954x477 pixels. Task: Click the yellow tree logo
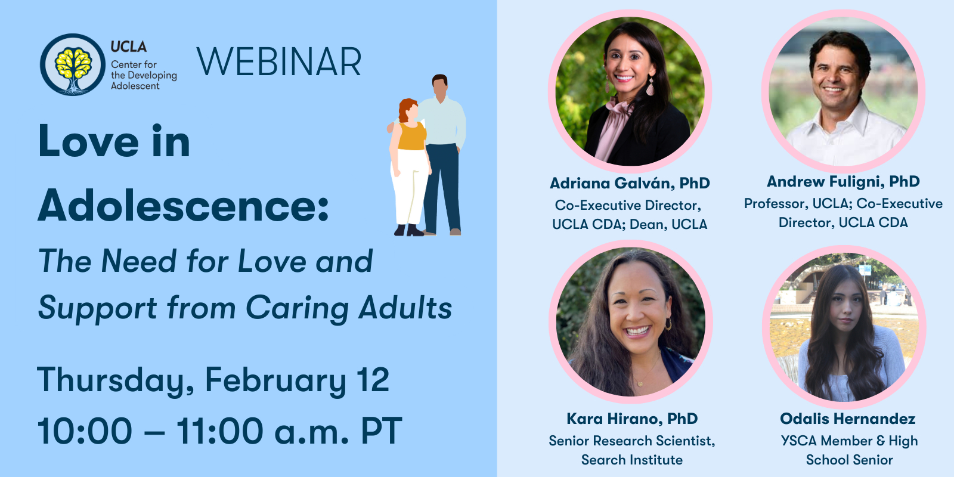[x=73, y=64]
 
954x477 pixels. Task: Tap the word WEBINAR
[x=279, y=62]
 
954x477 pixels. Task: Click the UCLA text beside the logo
[x=129, y=47]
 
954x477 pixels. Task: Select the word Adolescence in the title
[x=183, y=205]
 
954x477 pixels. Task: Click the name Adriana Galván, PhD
[x=630, y=183]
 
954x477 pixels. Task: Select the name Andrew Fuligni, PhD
[x=843, y=181]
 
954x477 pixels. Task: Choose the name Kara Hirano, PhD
[x=632, y=419]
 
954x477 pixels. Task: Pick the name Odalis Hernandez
[x=847, y=419]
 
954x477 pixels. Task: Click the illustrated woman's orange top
[x=412, y=136]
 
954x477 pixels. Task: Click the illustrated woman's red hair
[x=407, y=109]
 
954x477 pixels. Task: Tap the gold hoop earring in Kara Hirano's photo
[x=668, y=324]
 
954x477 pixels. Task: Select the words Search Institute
[x=632, y=460]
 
